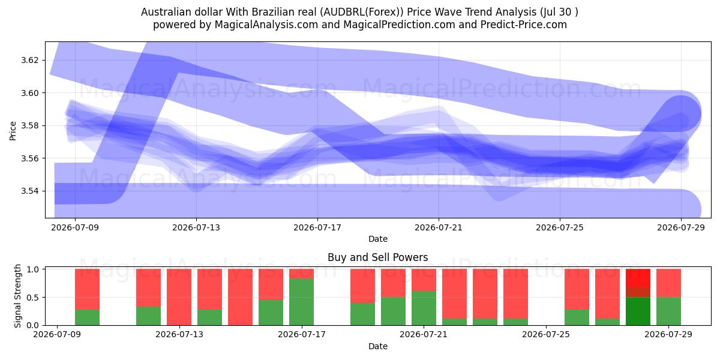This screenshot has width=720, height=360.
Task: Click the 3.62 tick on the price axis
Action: pyautogui.click(x=29, y=61)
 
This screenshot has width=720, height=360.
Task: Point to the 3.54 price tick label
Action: pyautogui.click(x=29, y=191)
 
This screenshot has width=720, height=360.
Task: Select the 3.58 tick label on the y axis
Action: pyautogui.click(x=29, y=125)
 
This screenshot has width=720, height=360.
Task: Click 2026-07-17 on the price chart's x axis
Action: pyautogui.click(x=317, y=228)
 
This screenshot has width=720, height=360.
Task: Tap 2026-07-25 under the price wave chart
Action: pyautogui.click(x=560, y=228)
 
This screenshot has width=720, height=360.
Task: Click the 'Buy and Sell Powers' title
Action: pyautogui.click(x=377, y=257)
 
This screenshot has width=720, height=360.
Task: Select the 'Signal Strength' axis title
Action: pyautogui.click(x=17, y=296)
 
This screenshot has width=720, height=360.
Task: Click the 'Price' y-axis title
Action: pyautogui.click(x=13, y=131)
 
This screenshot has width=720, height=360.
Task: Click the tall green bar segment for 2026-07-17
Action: pyautogui.click(x=301, y=302)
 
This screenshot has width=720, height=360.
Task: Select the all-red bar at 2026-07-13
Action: pyautogui.click(x=179, y=297)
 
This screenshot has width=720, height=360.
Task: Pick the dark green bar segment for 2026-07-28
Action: pyautogui.click(x=638, y=311)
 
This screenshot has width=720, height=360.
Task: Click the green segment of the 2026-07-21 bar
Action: pyautogui.click(x=424, y=308)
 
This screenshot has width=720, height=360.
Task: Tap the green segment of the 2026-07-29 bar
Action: pyautogui.click(x=668, y=311)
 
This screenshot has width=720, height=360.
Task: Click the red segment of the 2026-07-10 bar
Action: pyautogui.click(x=87, y=289)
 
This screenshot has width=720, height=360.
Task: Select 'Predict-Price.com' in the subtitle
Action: pyautogui.click(x=524, y=25)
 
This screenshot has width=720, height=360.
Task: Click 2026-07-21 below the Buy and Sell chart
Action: pyautogui.click(x=424, y=335)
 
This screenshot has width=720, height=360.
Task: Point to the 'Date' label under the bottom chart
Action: pyautogui.click(x=377, y=347)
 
